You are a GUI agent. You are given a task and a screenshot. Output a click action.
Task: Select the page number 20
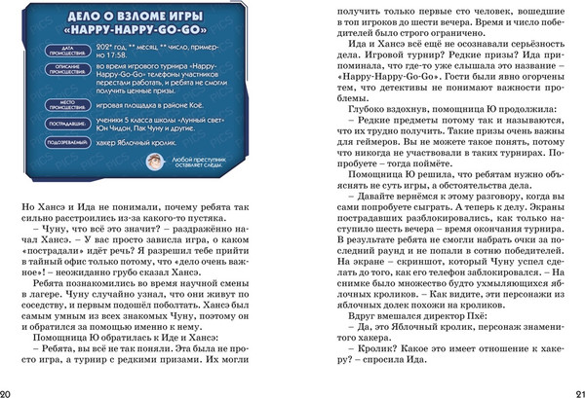(8, 391)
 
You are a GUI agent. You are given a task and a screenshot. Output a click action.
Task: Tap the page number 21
(576, 391)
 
